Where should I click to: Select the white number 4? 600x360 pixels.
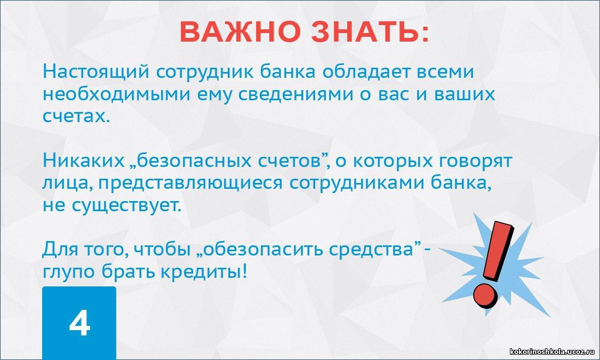tap(79, 323)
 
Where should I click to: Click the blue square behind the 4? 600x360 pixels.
tap(79, 323)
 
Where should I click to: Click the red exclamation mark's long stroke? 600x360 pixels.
tap(498, 251)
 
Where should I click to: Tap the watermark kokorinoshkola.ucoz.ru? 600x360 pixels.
tap(553, 351)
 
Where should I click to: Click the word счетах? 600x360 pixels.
tap(76, 116)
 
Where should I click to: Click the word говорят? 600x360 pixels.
tap(475, 162)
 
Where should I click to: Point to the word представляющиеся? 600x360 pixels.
tap(190, 184)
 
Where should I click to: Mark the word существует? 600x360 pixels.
tap(126, 206)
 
